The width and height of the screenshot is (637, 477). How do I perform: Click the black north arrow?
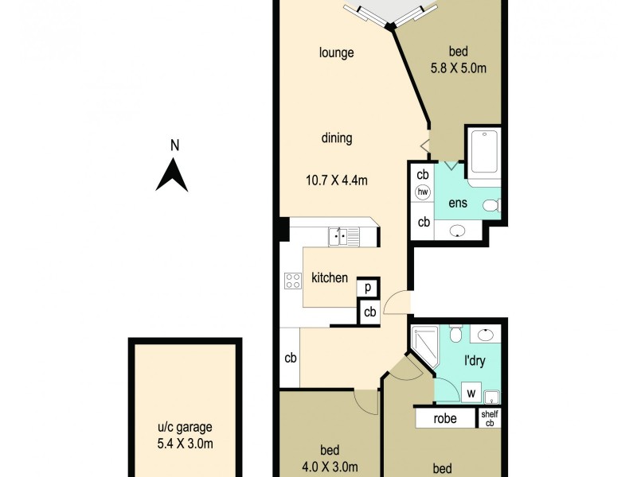[172, 175]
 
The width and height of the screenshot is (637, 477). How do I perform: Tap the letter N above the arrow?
[174, 145]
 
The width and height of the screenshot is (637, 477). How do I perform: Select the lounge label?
[336, 53]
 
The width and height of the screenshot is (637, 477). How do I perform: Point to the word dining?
[337, 138]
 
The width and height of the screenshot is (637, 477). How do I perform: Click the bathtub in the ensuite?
[483, 152]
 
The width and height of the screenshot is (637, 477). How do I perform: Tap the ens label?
[458, 203]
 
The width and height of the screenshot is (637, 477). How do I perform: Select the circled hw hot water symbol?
[423, 192]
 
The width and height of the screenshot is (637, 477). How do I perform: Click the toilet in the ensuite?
[491, 206]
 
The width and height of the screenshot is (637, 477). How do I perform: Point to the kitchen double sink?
[344, 236]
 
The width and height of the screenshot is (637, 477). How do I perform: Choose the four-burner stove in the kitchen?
[293, 280]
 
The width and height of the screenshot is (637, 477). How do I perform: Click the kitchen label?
[330, 278]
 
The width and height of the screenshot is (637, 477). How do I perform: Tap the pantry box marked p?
[369, 287]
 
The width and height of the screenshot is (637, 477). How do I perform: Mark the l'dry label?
[475, 360]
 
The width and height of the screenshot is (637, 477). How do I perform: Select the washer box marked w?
[471, 392]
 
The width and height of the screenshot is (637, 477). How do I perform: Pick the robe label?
[445, 418]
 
